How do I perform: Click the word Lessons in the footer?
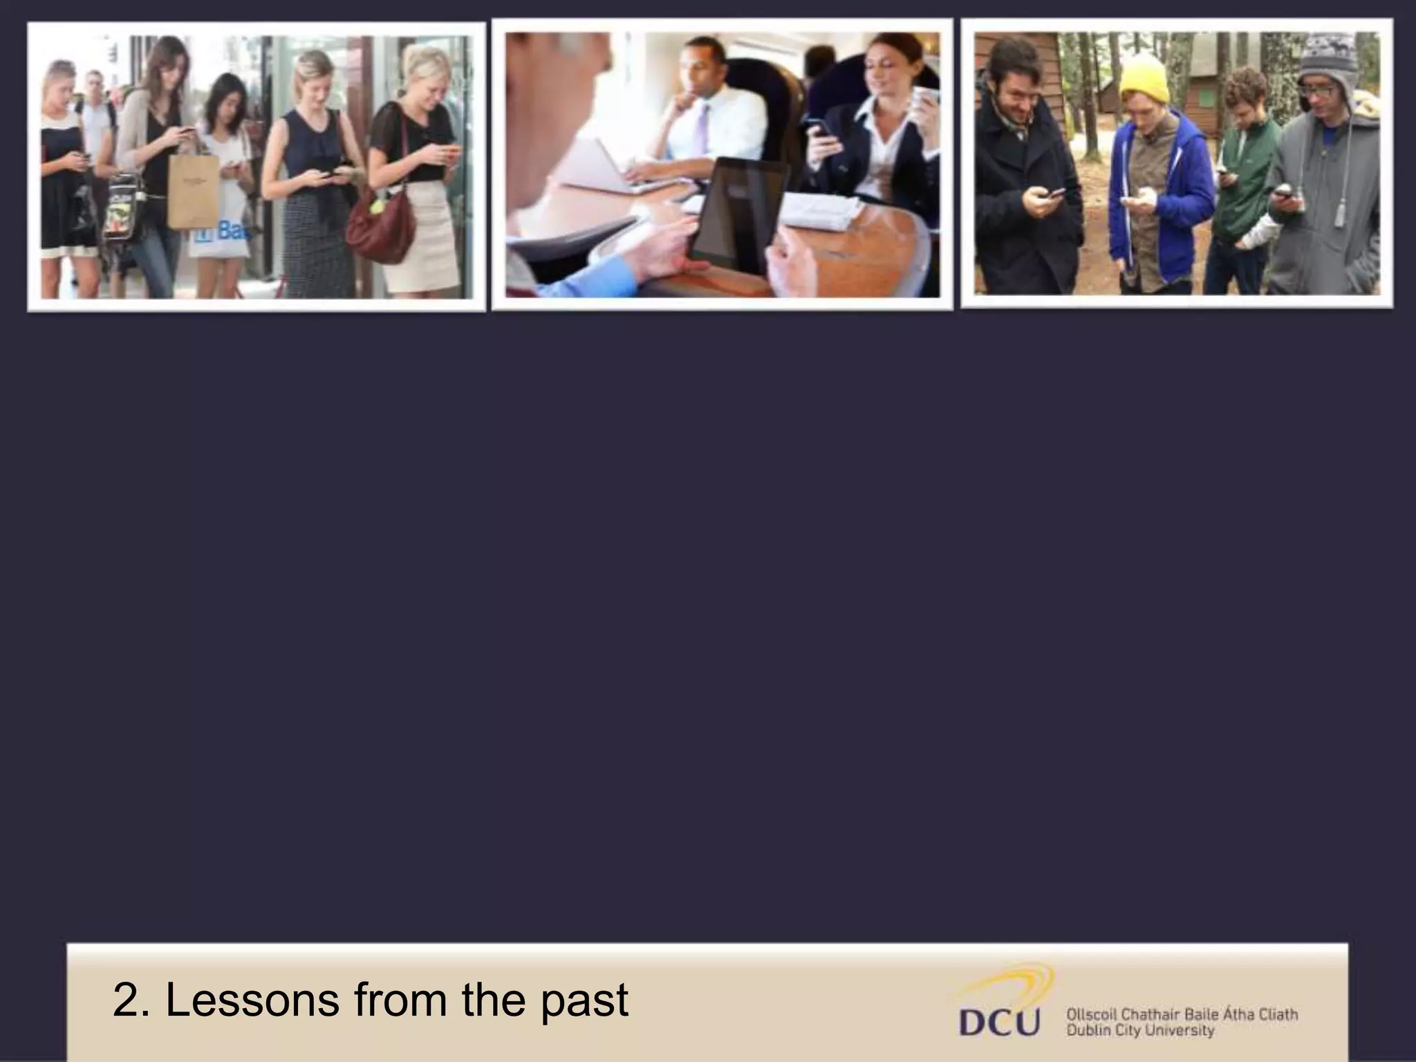(x=252, y=1000)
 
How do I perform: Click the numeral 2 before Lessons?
(x=126, y=1000)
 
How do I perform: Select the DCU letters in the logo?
(x=998, y=1023)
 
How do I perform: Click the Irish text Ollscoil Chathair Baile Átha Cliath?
(x=1182, y=1015)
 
